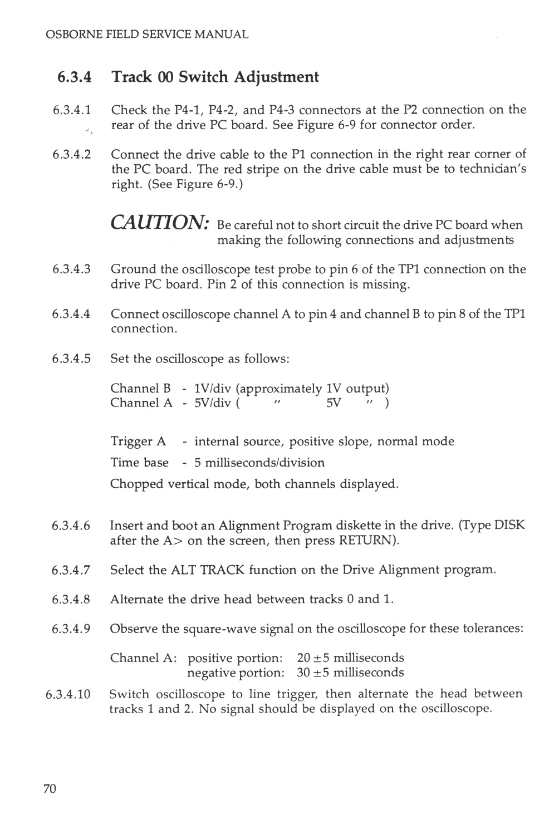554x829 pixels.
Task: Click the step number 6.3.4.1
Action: pyautogui.click(x=71, y=110)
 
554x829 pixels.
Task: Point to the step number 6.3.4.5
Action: pyautogui.click(x=71, y=359)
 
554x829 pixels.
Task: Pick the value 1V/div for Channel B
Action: pyautogui.click(x=212, y=388)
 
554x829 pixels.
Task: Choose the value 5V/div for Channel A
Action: pyautogui.click(x=212, y=403)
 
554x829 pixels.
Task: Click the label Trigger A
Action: pyautogui.click(x=138, y=442)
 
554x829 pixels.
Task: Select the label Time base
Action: pyautogui.click(x=139, y=463)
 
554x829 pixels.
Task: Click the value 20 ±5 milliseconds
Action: pyautogui.click(x=350, y=658)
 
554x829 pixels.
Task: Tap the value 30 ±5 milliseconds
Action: pyautogui.click(x=350, y=673)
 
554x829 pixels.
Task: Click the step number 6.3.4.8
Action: pyautogui.click(x=71, y=600)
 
